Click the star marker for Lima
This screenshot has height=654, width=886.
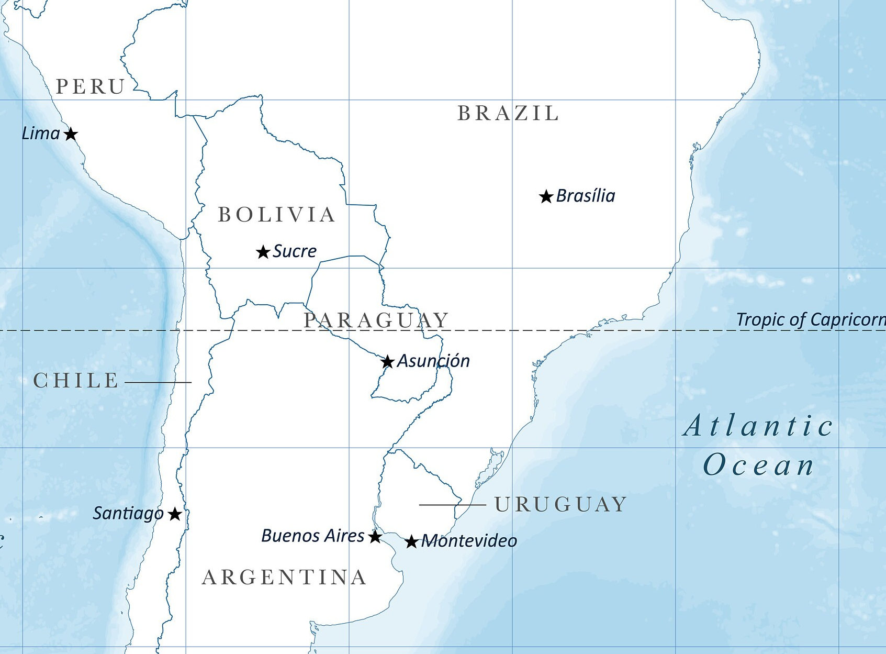point(71,134)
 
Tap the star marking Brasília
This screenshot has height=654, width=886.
point(546,197)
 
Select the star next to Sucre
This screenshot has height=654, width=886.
point(263,252)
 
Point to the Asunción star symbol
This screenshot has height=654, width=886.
point(387,362)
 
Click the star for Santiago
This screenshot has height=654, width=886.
point(175,514)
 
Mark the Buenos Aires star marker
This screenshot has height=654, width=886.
point(375,537)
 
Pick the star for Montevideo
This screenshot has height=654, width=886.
point(411,541)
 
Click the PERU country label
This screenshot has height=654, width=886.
point(91,87)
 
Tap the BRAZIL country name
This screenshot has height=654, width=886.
point(508,114)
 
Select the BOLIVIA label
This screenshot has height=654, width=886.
point(276,215)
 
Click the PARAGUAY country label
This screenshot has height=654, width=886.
point(376,320)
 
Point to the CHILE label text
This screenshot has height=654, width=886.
point(76,381)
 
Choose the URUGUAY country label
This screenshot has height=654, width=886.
point(560,505)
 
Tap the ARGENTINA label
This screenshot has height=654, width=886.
point(284,578)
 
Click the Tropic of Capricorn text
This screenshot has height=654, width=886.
point(810,319)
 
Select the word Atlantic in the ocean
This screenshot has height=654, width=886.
point(758,426)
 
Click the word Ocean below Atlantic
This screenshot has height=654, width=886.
point(758,465)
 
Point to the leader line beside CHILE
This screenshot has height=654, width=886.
point(158,382)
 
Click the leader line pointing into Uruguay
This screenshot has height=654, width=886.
point(452,505)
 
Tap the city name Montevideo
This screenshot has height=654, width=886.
point(469,541)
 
